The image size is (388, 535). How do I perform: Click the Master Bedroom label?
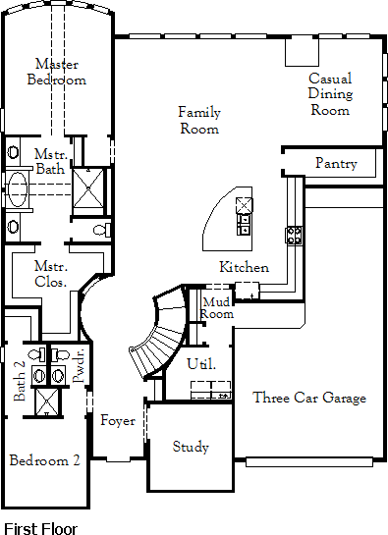[x=57, y=72]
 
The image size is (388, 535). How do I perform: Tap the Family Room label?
[x=199, y=121]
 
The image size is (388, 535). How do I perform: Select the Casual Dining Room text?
[x=330, y=94]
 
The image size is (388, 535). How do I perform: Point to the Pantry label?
[x=336, y=163]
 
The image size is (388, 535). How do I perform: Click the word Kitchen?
[x=244, y=267]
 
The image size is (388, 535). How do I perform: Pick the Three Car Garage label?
[x=309, y=398]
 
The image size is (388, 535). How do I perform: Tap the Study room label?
[x=191, y=447]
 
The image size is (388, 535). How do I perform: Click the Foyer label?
[x=118, y=421]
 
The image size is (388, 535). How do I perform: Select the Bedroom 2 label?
[x=45, y=460]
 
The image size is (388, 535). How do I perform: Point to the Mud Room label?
[x=216, y=308]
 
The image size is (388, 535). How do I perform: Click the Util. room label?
[x=201, y=364]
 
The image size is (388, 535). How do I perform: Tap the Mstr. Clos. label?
[x=51, y=274]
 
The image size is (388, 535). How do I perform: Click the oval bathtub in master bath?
[x=17, y=189]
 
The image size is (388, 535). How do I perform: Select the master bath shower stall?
[x=88, y=187]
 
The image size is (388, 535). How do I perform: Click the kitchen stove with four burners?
[x=294, y=235]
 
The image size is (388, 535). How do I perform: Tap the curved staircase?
[x=160, y=334]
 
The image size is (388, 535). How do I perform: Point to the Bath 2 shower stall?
[x=47, y=401]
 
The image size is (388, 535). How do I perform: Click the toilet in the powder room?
[x=62, y=354]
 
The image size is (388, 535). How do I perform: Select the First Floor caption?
[x=40, y=528]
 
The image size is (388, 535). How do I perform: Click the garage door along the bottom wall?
[x=309, y=462]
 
